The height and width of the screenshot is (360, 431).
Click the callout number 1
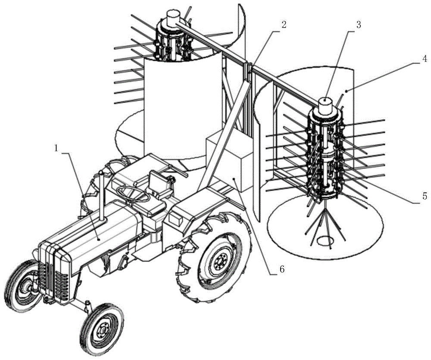[57, 147]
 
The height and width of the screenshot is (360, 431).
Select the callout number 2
[283, 24]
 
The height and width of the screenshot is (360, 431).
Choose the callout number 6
[281, 269]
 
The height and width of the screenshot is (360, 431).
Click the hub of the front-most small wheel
[103, 330]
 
